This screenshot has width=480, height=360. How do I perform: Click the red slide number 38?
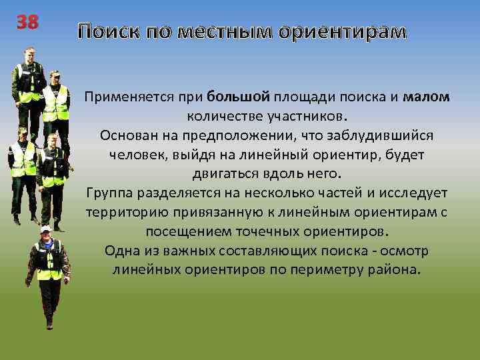28,23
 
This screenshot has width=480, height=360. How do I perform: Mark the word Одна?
121,251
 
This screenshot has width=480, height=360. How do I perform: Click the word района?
397,271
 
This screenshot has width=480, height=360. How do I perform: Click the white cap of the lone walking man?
45,228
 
